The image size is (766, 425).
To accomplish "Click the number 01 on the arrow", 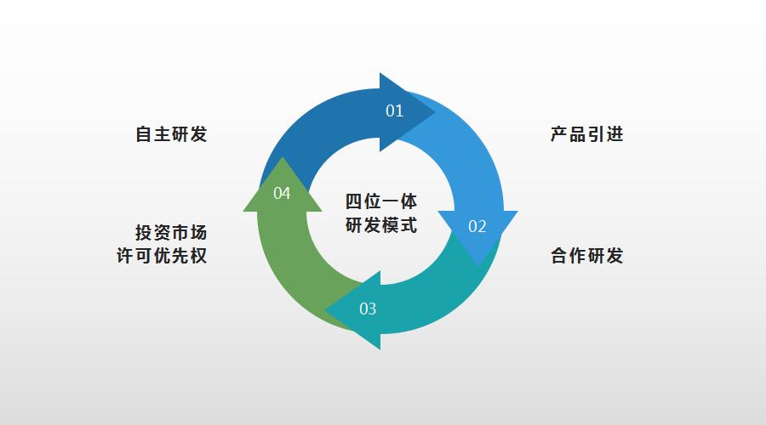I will point(394,110).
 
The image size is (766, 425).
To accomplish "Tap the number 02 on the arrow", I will point(477,226).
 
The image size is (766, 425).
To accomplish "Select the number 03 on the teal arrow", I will point(368,309).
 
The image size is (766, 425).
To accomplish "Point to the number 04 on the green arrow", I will point(282,194).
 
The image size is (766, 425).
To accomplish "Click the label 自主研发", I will point(171,134).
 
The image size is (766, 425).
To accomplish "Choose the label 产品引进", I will point(586,134).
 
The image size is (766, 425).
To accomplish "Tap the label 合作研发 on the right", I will point(586,256).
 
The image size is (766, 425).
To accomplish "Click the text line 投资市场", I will point(171,233).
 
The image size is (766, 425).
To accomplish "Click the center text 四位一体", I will point(380,202).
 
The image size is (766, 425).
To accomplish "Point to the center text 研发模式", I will point(380,226).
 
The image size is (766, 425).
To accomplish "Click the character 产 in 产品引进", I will point(559,134).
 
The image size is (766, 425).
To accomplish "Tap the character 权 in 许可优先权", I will point(198,256).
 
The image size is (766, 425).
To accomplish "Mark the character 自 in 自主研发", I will point(144,134).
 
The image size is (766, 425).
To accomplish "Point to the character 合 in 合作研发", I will point(559,256).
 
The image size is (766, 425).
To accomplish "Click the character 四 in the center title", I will point(353,202).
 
